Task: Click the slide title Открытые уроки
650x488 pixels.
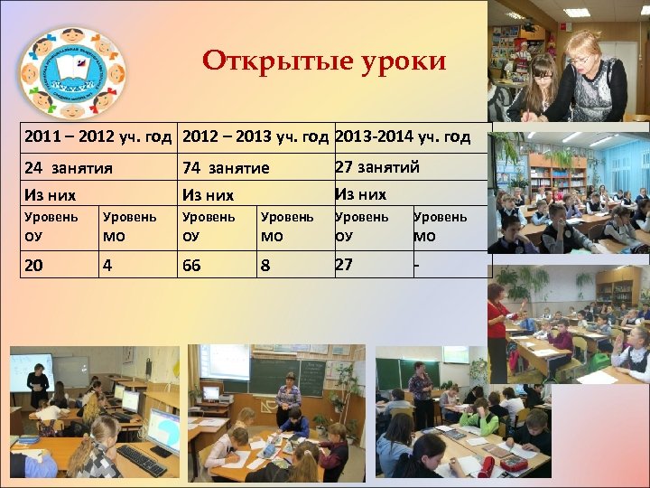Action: [x=324, y=61]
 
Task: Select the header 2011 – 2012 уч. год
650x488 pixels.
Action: [x=97, y=137]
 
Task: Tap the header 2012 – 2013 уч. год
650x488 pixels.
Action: [x=255, y=137]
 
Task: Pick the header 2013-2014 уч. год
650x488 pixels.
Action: [x=403, y=137]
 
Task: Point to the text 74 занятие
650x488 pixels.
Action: [x=226, y=167]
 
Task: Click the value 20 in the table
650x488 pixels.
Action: [x=33, y=264]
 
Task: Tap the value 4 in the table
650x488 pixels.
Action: [x=107, y=264]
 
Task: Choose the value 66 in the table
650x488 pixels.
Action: [x=191, y=264]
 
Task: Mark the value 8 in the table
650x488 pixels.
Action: [x=265, y=264]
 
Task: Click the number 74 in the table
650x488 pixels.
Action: [x=191, y=167]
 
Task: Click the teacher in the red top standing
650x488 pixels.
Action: [x=497, y=325]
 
